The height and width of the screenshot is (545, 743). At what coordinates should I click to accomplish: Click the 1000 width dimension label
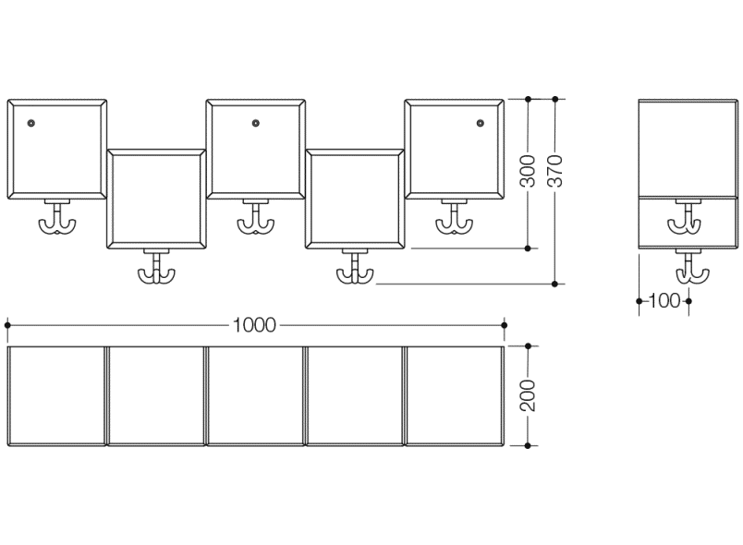254,325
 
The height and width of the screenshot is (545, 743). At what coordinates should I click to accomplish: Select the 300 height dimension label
528,171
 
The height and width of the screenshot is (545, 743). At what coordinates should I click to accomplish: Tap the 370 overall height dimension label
555,171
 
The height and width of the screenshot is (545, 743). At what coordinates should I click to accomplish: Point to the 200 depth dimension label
528,396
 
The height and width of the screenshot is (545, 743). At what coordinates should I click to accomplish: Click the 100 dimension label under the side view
664,300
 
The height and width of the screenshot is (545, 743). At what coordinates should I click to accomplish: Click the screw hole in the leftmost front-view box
31,123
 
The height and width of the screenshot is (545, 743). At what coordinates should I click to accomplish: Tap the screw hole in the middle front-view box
256,123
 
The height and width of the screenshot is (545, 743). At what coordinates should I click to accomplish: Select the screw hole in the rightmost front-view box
481,123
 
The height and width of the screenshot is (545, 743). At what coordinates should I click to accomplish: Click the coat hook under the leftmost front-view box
57,219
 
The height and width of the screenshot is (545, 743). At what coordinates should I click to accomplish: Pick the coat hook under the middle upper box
256,219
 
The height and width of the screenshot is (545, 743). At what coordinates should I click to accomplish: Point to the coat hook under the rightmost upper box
455,219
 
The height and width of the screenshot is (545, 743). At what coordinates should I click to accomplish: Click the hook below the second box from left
156,269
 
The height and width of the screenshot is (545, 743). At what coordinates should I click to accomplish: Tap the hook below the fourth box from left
355,269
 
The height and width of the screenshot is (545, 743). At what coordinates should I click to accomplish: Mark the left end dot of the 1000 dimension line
7,325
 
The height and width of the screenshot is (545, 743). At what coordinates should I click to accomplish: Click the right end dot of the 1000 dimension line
505,325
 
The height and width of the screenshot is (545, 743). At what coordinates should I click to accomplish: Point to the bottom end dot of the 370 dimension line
555,284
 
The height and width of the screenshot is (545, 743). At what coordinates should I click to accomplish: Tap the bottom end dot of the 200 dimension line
528,445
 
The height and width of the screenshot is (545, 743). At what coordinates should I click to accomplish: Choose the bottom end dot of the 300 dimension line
528,248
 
